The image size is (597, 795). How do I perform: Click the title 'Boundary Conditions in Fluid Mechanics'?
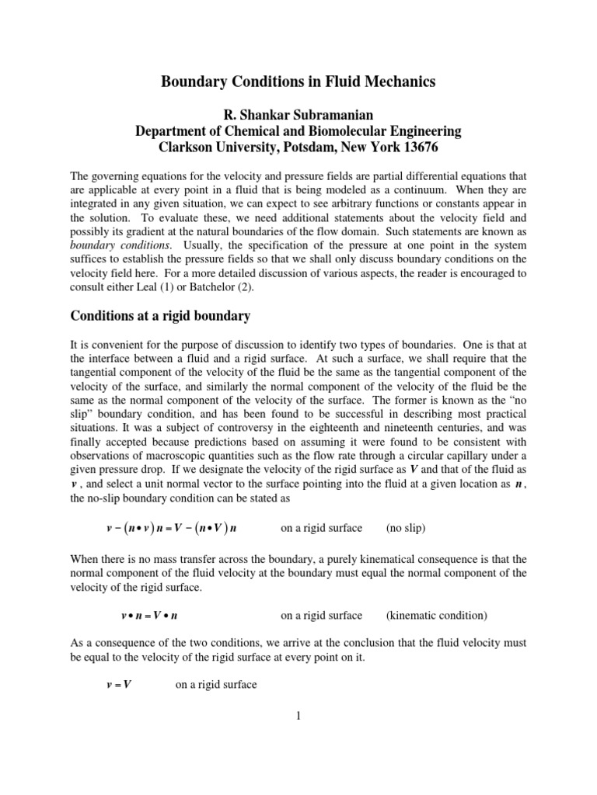(298, 81)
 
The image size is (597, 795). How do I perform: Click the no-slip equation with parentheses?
(171, 528)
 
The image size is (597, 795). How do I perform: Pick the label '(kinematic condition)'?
(436, 616)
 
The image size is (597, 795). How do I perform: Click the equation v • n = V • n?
(150, 616)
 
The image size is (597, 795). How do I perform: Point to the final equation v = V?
(117, 685)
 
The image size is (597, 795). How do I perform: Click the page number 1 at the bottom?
(298, 716)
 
